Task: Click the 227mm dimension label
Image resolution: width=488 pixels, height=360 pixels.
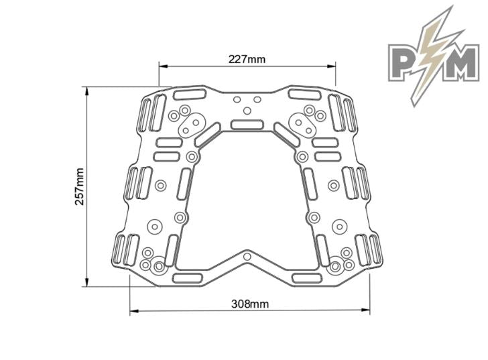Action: (x=247, y=59)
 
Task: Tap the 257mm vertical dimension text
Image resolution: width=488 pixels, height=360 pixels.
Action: (x=80, y=186)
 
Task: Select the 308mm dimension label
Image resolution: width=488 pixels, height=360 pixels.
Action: (x=250, y=304)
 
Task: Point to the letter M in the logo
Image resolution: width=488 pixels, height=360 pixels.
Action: (x=462, y=62)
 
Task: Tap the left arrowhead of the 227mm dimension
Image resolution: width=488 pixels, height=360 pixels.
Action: (x=164, y=66)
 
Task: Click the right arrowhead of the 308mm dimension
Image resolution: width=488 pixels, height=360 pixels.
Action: (x=365, y=310)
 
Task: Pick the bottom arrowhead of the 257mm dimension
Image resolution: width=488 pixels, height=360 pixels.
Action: (x=87, y=282)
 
